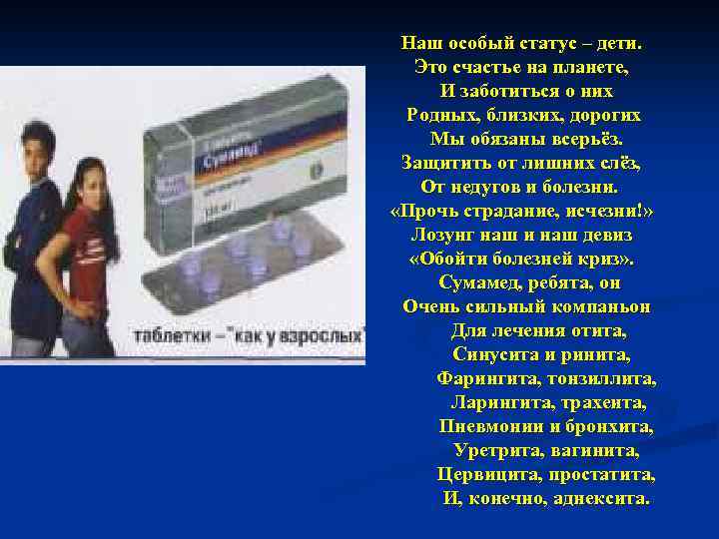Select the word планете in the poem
(589, 68)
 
